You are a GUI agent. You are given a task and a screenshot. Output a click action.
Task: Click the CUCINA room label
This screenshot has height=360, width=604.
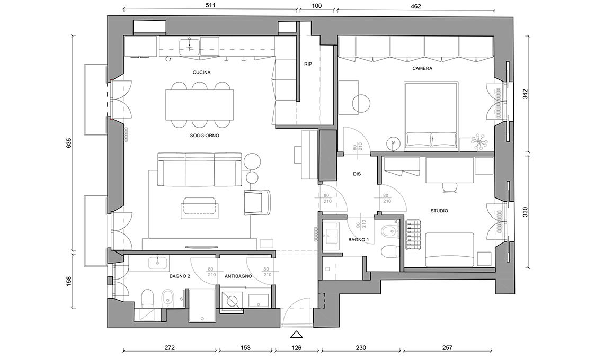[201, 73]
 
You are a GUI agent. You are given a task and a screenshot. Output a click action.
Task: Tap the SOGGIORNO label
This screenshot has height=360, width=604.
[204, 136]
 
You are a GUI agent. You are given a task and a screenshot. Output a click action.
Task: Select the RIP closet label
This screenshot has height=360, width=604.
[308, 64]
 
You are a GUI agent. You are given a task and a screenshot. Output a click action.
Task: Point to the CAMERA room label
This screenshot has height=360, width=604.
[422, 68]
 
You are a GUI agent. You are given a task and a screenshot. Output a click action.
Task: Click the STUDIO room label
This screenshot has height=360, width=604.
[439, 211]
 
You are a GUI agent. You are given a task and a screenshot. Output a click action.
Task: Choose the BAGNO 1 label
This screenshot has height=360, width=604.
[359, 240]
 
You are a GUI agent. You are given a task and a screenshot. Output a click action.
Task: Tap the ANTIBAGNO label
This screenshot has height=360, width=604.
[238, 276]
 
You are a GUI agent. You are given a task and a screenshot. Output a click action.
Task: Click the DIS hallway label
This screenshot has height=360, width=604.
[357, 174]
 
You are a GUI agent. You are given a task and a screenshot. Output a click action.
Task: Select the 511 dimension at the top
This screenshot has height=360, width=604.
[210, 5]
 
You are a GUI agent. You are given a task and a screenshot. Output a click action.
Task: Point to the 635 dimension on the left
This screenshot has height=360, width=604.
[69, 143]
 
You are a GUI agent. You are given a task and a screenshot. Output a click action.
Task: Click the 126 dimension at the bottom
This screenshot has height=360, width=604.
[297, 348]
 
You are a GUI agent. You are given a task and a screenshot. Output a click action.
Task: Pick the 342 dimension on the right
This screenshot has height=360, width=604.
[525, 94]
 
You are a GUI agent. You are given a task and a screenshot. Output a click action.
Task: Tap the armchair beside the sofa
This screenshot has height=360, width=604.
[257, 202]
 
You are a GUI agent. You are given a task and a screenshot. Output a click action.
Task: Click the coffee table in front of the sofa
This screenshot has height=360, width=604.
[199, 208]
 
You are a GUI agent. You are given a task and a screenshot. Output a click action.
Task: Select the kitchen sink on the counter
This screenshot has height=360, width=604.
[189, 46]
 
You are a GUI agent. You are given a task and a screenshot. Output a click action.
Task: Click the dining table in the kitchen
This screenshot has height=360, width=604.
[200, 105]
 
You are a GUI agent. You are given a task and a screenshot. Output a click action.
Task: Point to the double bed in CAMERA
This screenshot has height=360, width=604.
[431, 114]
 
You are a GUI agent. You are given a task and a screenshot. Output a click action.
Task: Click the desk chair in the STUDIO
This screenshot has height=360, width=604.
[449, 186]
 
